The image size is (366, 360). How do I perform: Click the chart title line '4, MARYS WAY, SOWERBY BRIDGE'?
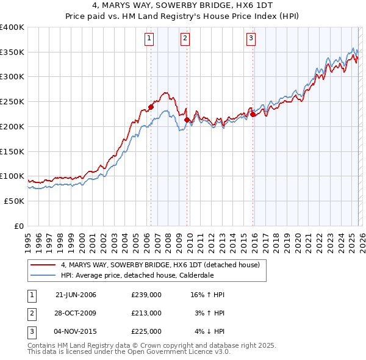[x=183, y=6]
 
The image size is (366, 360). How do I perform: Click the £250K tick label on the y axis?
[x=12, y=102]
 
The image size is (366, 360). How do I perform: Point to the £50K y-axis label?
[x=14, y=201]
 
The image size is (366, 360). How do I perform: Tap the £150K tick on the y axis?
[x=12, y=151]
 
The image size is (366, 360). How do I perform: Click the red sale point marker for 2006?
[x=151, y=107]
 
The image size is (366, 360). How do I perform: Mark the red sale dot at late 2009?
[x=187, y=120]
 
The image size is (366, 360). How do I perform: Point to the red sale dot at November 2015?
[x=252, y=114]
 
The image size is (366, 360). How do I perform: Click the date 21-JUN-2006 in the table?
[x=76, y=295]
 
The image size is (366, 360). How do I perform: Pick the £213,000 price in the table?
[x=146, y=313]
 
